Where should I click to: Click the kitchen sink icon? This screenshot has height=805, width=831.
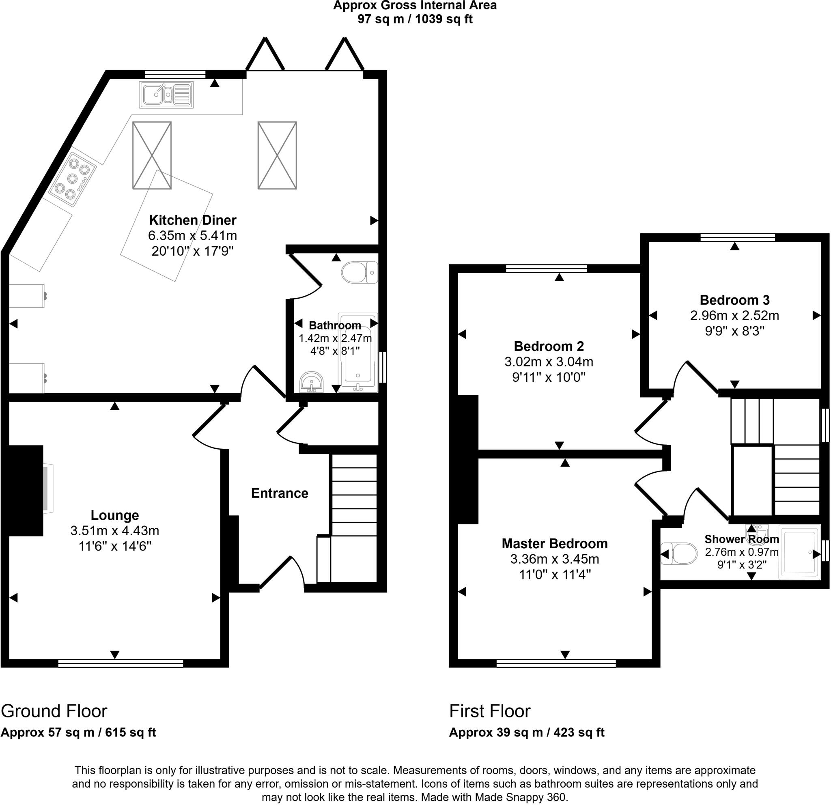[166, 95]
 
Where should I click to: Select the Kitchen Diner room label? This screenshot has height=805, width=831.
[192, 220]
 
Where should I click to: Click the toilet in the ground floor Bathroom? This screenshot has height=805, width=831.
[360, 272]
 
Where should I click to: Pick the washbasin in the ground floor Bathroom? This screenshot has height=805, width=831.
[312, 383]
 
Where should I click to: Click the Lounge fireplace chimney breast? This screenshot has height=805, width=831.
[26, 491]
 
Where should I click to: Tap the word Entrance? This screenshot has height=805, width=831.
[280, 493]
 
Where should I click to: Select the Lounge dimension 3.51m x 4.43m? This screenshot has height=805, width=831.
[115, 530]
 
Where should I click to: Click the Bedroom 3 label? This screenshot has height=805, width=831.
[734, 300]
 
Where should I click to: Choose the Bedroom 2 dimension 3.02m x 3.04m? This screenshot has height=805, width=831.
[549, 362]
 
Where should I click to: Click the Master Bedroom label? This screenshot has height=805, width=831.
[554, 543]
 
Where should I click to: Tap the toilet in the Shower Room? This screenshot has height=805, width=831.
[679, 553]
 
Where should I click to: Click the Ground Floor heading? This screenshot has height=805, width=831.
[54, 711]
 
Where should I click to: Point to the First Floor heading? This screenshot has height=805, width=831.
[490, 711]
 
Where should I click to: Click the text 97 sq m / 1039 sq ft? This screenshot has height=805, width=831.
[415, 19]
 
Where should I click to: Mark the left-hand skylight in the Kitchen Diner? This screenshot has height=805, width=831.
[152, 155]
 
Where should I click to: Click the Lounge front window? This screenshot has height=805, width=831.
[121, 663]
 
